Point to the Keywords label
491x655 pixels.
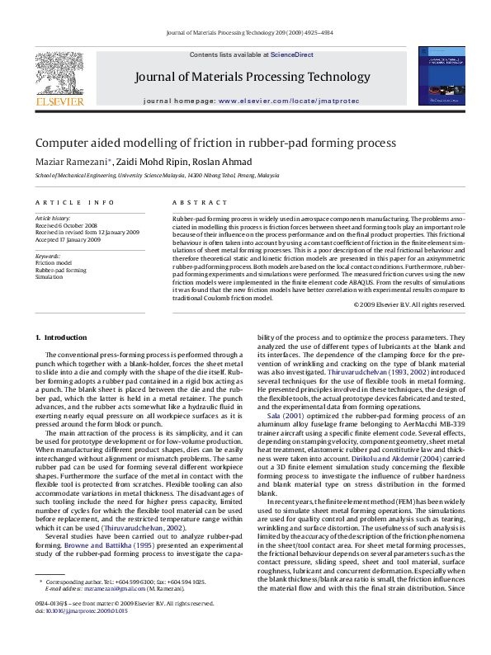click(x=49, y=257)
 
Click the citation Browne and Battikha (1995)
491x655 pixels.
click(x=110, y=546)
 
